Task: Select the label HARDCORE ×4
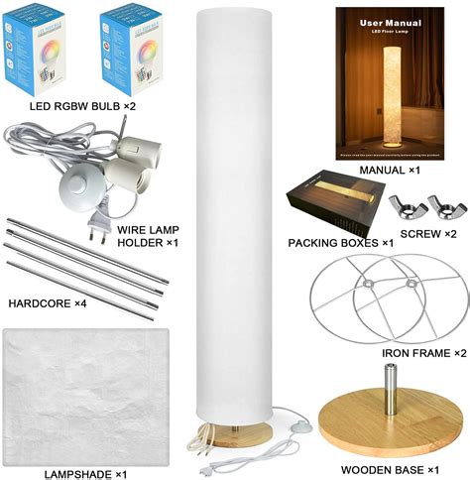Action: (x=47, y=301)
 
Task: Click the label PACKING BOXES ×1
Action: (x=340, y=243)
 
